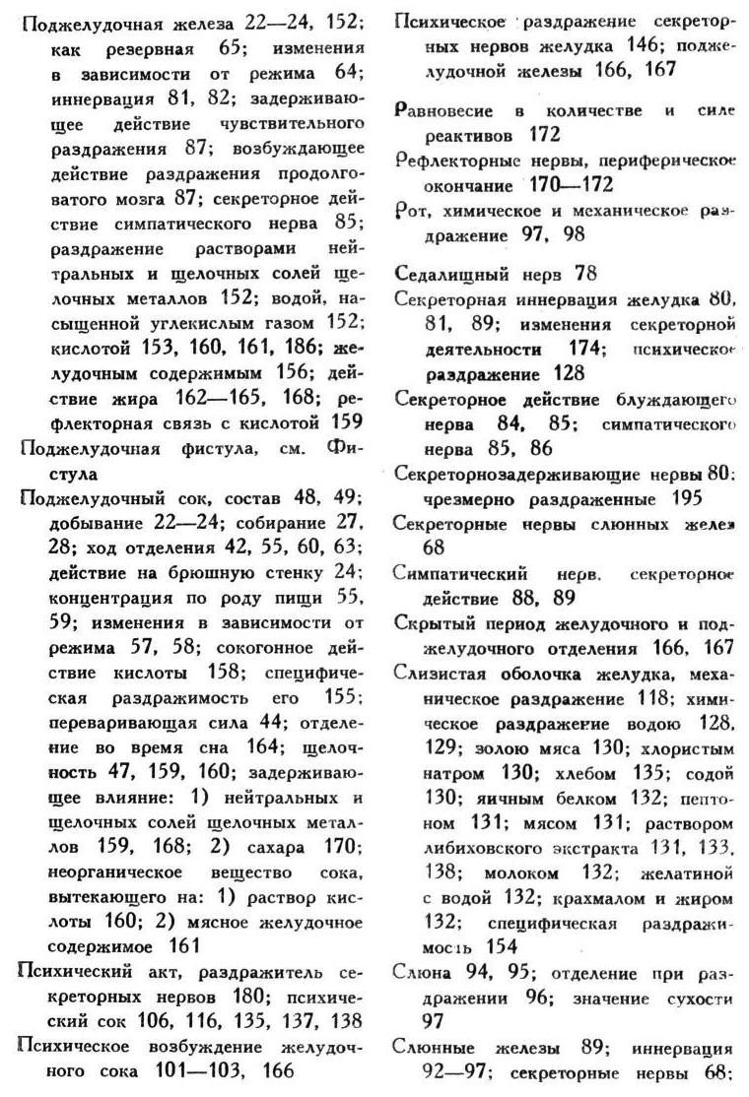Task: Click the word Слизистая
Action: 438,673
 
